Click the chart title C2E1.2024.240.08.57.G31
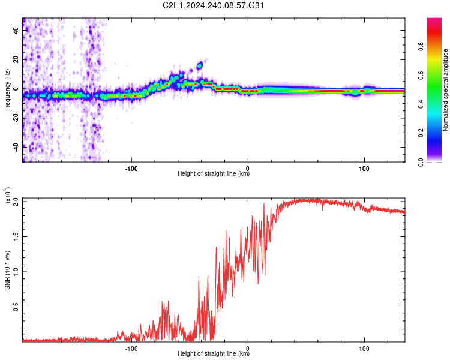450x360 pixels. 213,5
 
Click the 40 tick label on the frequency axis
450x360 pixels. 16,30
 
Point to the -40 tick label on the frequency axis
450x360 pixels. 16,147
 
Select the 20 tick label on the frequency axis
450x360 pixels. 16,59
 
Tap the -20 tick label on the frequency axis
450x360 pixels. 16,118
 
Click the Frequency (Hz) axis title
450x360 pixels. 7,90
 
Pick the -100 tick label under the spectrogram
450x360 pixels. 131,169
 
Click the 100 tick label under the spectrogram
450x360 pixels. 364,169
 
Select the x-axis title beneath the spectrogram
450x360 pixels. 214,173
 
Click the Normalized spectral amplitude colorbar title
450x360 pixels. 445,90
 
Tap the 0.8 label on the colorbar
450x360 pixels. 421,47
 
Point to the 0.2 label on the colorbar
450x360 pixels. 421,133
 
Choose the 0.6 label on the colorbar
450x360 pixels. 421,76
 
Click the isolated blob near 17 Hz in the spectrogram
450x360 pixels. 200,65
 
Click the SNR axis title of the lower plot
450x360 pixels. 7,270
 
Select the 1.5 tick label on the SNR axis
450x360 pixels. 16,236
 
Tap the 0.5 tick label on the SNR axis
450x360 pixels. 16,307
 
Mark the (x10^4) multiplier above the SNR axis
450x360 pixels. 7,195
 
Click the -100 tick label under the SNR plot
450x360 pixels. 131,349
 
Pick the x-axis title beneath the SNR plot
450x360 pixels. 214,353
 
